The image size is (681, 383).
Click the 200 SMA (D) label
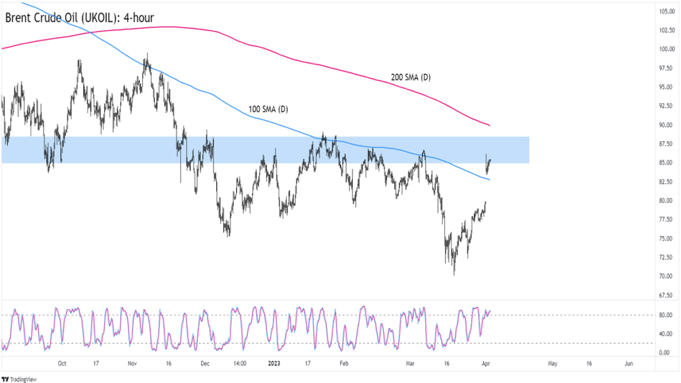[410, 78]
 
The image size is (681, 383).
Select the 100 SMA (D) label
[267, 109]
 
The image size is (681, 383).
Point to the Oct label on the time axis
[63, 364]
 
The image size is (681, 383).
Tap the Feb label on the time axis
[343, 364]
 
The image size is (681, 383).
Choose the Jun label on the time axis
[629, 364]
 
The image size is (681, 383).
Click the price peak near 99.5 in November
[146, 54]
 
